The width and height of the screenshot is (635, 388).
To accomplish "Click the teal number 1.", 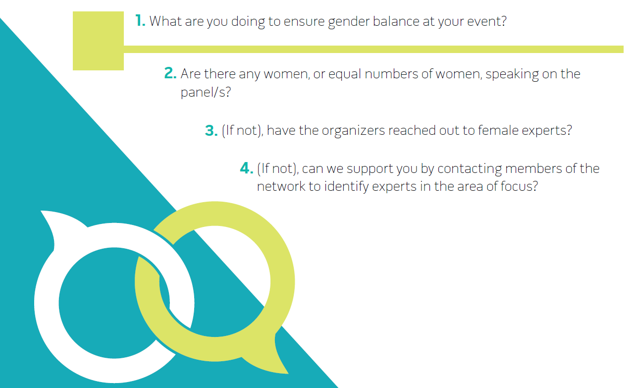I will pyautogui.click(x=140, y=21).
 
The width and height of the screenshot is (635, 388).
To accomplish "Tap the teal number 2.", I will pyautogui.click(x=170, y=74).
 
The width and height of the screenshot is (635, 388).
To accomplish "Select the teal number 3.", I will pyautogui.click(x=211, y=130).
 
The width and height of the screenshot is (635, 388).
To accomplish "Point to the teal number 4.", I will pyautogui.click(x=246, y=168).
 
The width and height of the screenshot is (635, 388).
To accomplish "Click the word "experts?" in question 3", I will pyautogui.click(x=549, y=131).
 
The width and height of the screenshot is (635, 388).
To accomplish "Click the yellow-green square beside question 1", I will pyautogui.click(x=98, y=41).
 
